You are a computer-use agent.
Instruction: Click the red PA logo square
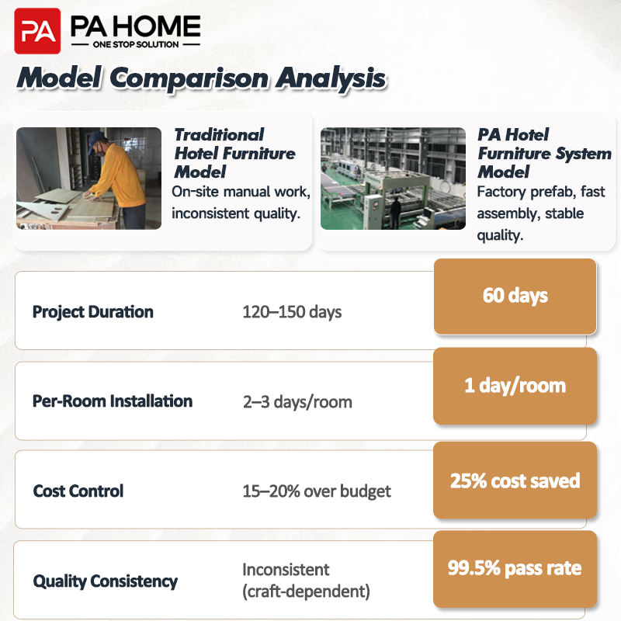point(37,31)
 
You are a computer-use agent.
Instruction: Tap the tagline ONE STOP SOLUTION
point(136,44)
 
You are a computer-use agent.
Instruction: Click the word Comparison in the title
point(189,78)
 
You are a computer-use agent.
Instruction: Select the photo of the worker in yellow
point(88,179)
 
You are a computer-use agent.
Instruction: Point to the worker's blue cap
point(96,139)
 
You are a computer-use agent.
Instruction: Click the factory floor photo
point(393,179)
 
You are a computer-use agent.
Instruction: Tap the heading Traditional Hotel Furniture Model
point(234,153)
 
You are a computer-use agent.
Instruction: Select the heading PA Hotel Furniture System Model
point(544,153)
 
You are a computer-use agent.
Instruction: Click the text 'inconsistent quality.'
point(236,213)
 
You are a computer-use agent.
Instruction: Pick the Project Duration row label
point(92,312)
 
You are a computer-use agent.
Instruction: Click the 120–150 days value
point(292,312)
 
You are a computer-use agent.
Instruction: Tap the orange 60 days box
point(515,297)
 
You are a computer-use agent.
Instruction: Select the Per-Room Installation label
point(113,401)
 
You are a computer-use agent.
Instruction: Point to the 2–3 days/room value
point(297,402)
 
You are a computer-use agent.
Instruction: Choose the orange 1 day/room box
point(515,386)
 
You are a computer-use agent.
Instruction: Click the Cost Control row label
point(78,491)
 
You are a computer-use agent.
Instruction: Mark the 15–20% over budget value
point(317,491)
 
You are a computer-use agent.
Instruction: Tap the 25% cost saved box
point(515,480)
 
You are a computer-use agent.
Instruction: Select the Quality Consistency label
point(106,581)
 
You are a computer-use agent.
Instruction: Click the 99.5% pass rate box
point(515,569)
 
